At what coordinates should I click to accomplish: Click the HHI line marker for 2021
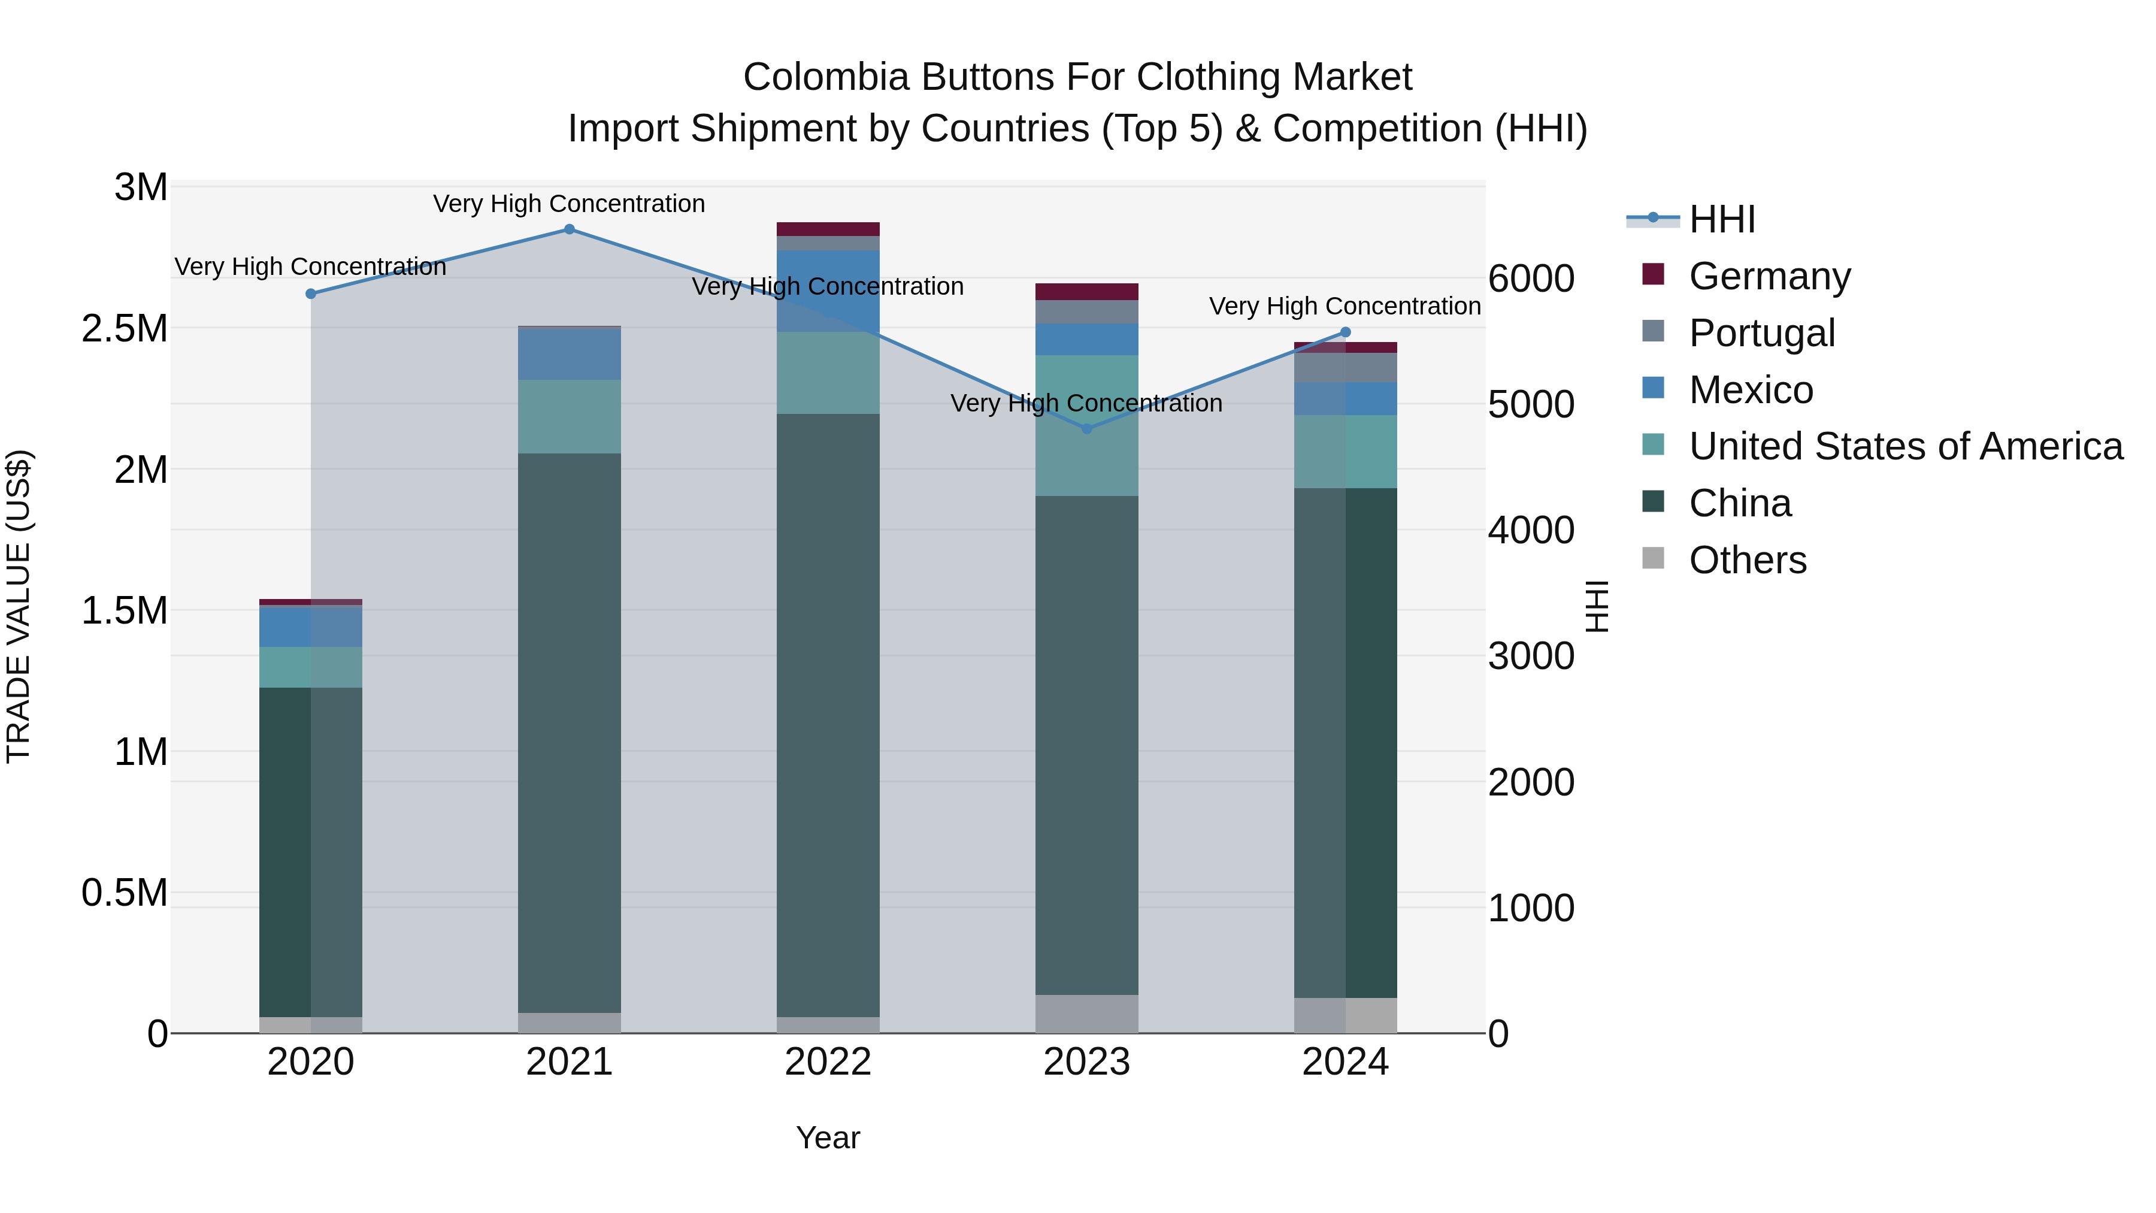[569, 229]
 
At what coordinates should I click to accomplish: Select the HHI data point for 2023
[1086, 429]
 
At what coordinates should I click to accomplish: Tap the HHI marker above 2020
[310, 294]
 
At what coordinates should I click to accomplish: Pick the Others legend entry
[1747, 560]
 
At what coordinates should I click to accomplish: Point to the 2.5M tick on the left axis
[125, 329]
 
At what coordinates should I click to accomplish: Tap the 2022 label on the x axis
[828, 1062]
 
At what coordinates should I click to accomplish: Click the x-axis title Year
[828, 1138]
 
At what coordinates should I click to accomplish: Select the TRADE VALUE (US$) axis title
[19, 606]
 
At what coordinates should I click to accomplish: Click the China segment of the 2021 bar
[569, 733]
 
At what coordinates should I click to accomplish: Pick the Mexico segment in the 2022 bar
[828, 291]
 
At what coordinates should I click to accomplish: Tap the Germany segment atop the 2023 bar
[1086, 291]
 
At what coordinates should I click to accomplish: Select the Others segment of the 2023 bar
[1086, 1014]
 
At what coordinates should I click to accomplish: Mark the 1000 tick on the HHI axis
[1531, 908]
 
